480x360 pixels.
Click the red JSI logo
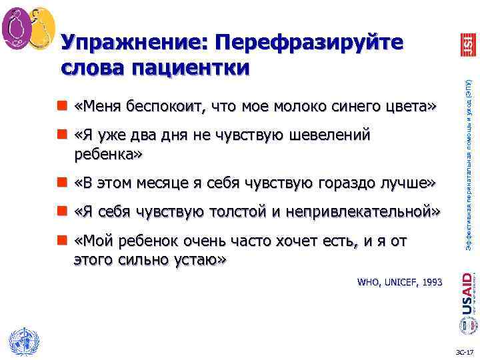467,45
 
